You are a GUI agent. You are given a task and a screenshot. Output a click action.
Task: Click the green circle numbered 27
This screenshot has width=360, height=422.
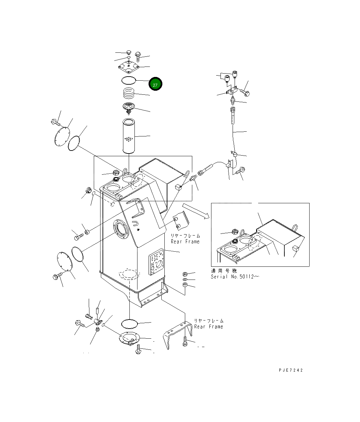point(155,84)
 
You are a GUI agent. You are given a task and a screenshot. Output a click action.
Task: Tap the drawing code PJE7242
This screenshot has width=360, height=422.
point(291,370)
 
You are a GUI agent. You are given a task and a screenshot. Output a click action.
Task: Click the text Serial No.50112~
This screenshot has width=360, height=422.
point(235,277)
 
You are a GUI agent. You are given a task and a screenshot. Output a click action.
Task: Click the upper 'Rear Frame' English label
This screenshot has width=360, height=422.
point(185,242)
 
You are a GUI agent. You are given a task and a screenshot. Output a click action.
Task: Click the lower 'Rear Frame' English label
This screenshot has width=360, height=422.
point(208,327)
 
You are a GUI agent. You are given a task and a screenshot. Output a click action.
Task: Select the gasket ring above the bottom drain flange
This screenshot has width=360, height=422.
point(129,324)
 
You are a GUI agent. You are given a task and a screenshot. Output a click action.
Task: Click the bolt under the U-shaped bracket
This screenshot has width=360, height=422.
point(185,342)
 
